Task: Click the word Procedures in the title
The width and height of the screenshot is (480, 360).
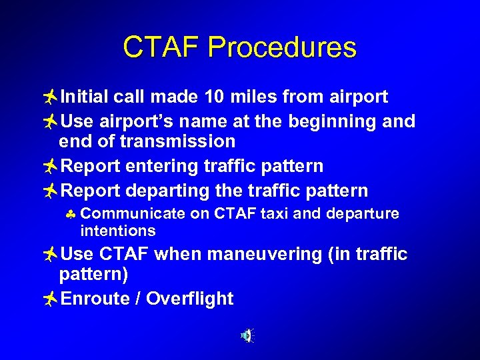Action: pyautogui.click(x=282, y=48)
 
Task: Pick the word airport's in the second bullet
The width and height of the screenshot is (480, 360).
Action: pyautogui.click(x=139, y=121)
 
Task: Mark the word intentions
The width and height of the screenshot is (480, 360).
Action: pyautogui.click(x=117, y=231)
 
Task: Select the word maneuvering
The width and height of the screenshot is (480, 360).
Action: pyautogui.click(x=255, y=254)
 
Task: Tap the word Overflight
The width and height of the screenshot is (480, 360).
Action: pyautogui.click(x=189, y=299)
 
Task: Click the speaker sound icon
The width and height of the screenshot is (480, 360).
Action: pyautogui.click(x=247, y=336)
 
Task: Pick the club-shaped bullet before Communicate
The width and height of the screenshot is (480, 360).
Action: pyautogui.click(x=71, y=215)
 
